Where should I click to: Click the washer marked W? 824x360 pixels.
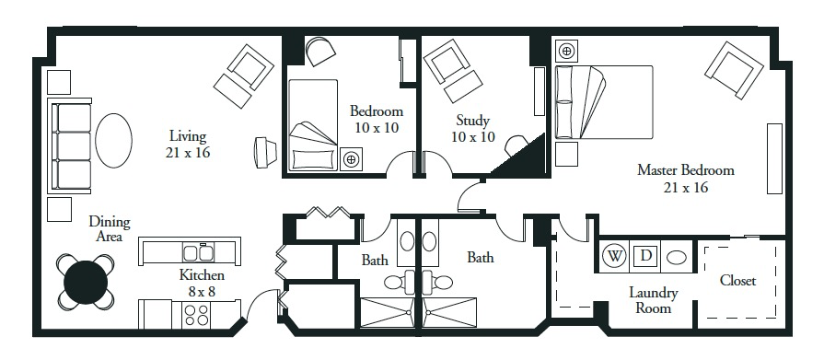(614, 257)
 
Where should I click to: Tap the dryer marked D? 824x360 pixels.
(645, 257)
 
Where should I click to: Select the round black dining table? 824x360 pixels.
(86, 283)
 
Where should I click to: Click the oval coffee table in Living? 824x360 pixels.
(113, 140)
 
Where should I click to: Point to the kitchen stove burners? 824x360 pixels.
(195, 314)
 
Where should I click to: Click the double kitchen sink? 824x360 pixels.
(198, 252)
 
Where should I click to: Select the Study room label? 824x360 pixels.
(472, 121)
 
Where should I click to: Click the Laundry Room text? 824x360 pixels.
(653, 300)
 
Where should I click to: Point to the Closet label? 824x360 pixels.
(737, 281)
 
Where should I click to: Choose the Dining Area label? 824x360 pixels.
(110, 229)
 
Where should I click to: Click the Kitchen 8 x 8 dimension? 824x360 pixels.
(202, 291)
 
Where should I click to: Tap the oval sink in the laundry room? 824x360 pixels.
(677, 258)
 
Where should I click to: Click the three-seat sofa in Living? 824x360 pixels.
(70, 145)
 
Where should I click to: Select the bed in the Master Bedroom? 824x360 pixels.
(604, 102)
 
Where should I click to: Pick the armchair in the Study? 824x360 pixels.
(452, 70)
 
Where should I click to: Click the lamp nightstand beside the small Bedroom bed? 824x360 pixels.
(351, 158)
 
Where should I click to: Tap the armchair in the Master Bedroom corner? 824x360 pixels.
(734, 70)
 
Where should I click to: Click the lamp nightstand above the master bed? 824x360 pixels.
(566, 51)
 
